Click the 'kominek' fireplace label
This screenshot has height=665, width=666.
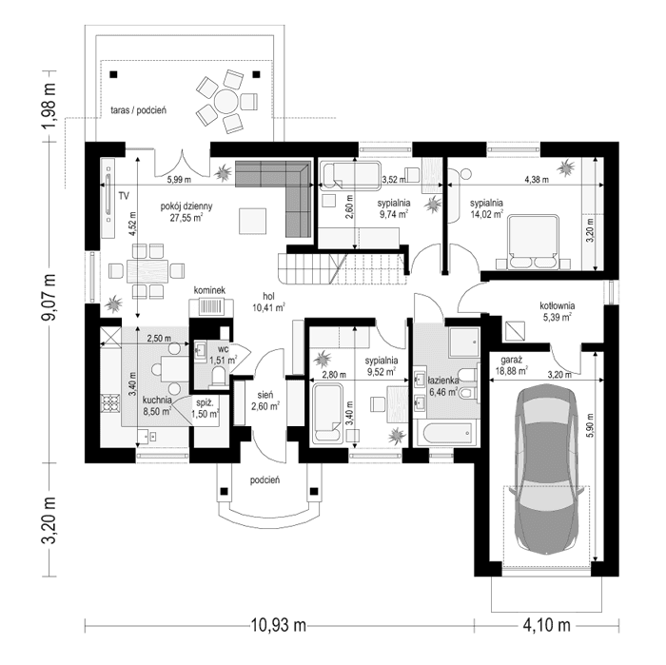click(x=209, y=289)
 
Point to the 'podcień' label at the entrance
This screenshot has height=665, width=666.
click(x=264, y=480)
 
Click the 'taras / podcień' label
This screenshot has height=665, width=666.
click(x=138, y=110)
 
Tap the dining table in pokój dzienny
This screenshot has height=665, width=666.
click(x=147, y=267)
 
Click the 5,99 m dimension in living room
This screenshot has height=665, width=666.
click(x=179, y=178)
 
